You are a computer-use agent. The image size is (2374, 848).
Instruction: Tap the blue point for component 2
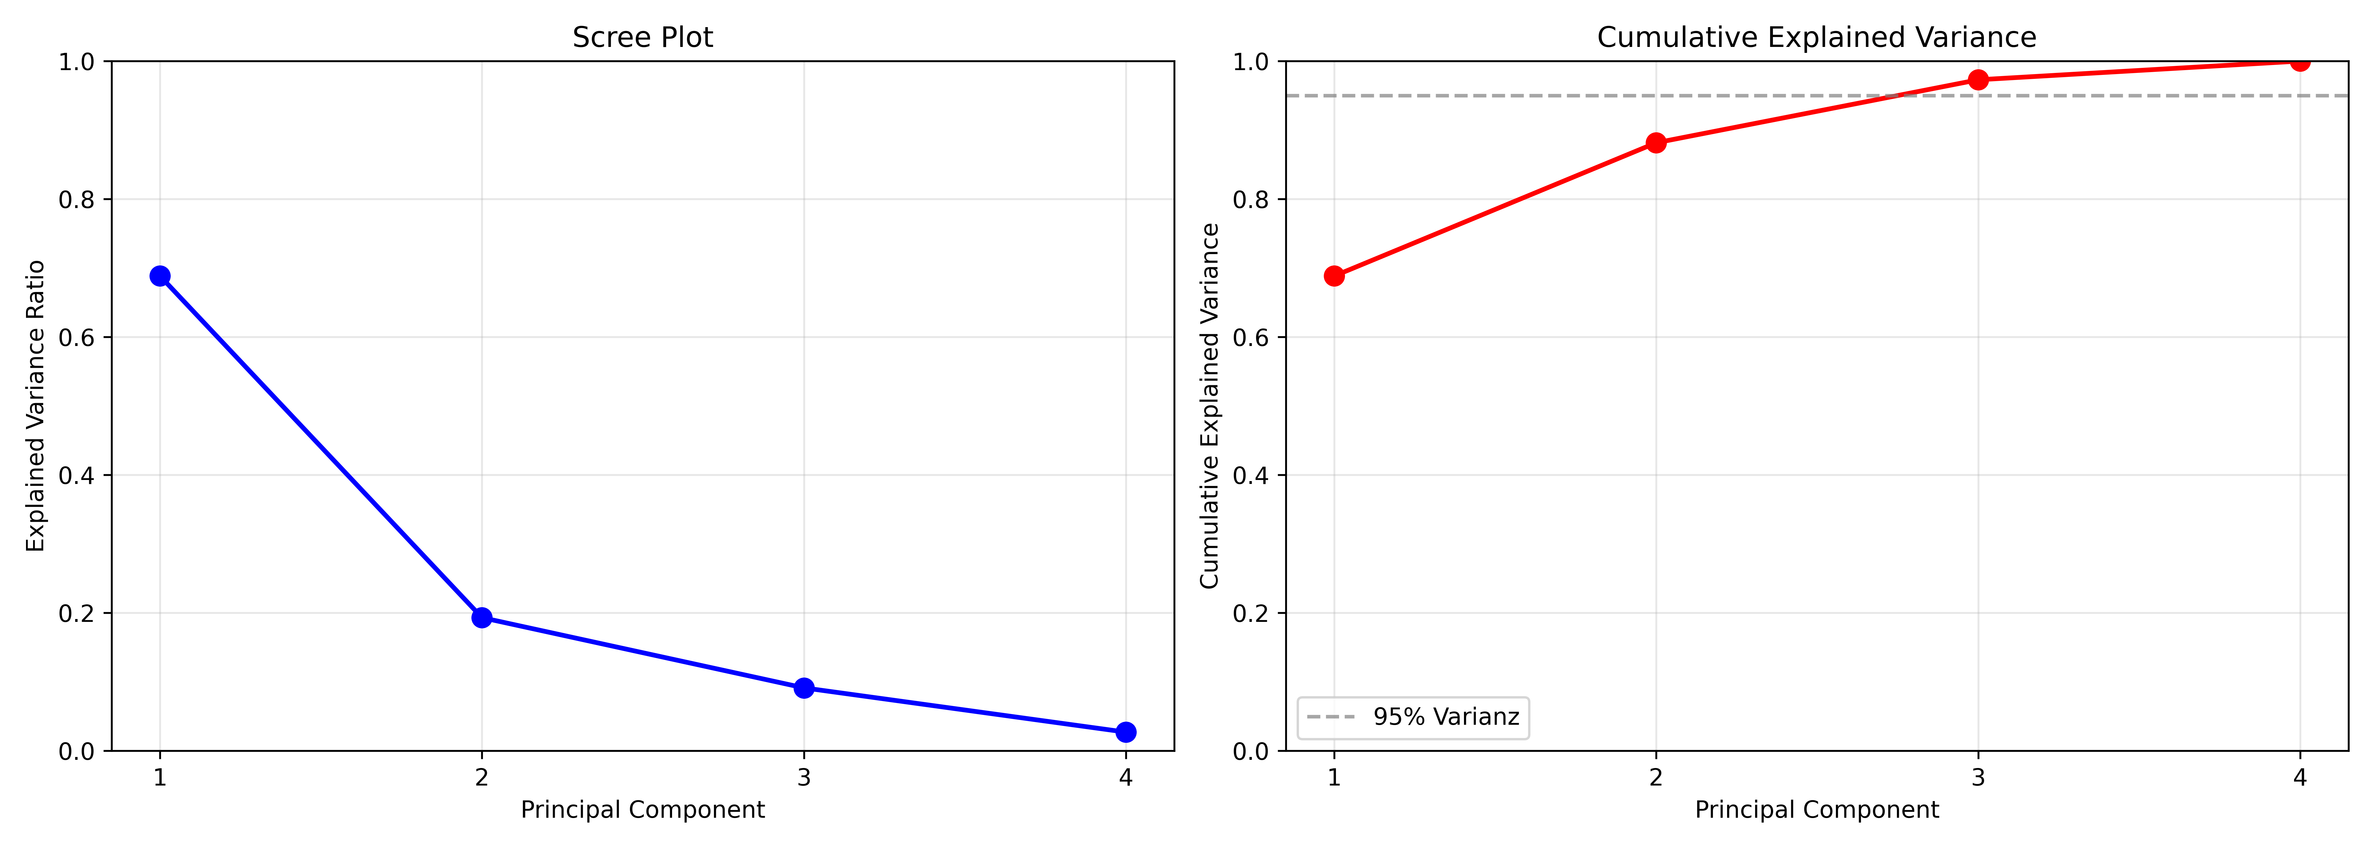[x=481, y=618]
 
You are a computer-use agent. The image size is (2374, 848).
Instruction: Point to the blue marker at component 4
[x=1125, y=732]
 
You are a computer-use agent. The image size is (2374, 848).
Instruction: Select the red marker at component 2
[x=1656, y=143]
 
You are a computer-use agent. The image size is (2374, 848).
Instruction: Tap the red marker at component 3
[x=1978, y=80]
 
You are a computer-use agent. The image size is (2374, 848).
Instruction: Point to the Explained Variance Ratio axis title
[x=35, y=406]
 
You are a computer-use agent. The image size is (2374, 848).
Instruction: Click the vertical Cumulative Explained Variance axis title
[x=1209, y=406]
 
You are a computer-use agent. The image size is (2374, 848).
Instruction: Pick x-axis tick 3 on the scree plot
[x=803, y=777]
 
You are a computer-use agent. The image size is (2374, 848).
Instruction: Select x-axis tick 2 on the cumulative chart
[x=1656, y=777]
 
